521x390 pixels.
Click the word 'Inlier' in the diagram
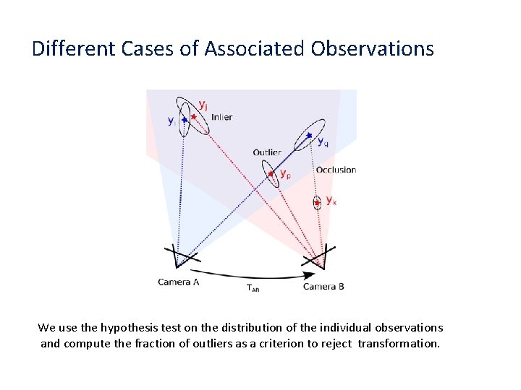(221, 117)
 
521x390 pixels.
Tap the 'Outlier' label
(267, 152)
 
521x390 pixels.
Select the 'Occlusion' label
(336, 170)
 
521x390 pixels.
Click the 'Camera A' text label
(179, 282)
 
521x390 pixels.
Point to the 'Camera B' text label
(323, 287)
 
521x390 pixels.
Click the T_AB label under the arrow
(253, 289)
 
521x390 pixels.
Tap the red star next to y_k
(317, 203)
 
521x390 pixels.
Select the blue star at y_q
(309, 136)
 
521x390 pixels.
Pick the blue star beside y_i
(185, 119)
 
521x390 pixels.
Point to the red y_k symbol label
(331, 200)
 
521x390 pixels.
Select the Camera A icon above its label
(177, 256)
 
